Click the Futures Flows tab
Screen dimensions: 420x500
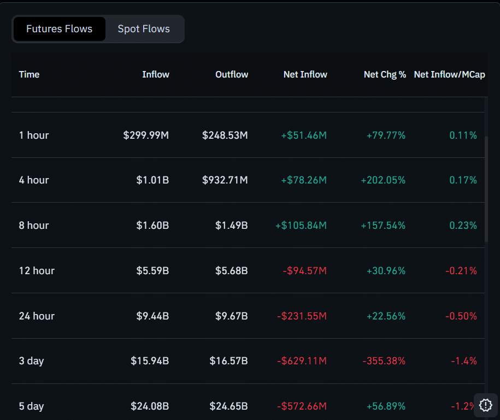(x=59, y=29)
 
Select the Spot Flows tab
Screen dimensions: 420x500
(x=144, y=29)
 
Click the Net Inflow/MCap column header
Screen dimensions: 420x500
(x=449, y=74)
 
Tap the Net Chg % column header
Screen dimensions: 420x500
(x=385, y=74)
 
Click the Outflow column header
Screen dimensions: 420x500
(x=232, y=74)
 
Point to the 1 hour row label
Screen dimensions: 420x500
(x=34, y=135)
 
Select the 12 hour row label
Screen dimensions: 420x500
(x=37, y=270)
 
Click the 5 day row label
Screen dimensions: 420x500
(x=31, y=406)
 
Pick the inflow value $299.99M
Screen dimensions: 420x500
(x=146, y=135)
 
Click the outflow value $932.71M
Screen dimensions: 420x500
(x=225, y=180)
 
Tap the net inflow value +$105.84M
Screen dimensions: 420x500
(x=301, y=225)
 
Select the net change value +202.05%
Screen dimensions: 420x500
(x=383, y=180)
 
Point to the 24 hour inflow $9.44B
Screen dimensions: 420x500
(x=152, y=316)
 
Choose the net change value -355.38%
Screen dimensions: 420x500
(x=384, y=360)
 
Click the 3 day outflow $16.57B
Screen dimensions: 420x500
(x=228, y=360)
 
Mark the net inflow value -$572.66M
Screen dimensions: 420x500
(x=301, y=406)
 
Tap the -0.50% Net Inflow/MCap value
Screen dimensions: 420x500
(x=461, y=316)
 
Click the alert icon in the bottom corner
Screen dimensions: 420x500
(x=485, y=405)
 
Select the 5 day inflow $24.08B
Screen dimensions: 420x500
(x=150, y=406)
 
